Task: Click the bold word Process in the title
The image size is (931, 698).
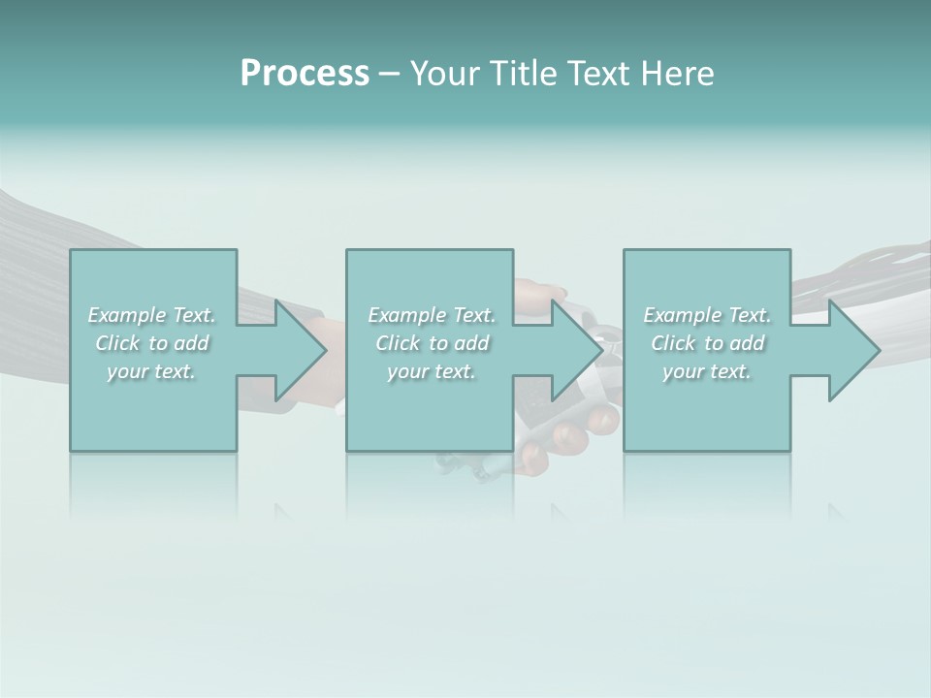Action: point(305,74)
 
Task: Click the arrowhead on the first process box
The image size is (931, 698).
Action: point(296,350)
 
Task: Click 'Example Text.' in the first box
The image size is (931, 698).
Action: point(152,315)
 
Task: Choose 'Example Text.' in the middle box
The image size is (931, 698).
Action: point(432,315)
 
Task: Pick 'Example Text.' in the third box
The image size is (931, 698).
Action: point(707,315)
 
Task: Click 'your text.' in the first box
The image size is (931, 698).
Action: point(151,371)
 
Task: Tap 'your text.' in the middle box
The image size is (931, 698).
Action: point(432,371)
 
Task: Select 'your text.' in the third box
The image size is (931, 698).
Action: point(707,371)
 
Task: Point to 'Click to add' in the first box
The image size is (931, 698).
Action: point(152,343)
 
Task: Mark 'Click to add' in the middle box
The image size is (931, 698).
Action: point(432,343)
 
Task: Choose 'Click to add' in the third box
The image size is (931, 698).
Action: point(707,343)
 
